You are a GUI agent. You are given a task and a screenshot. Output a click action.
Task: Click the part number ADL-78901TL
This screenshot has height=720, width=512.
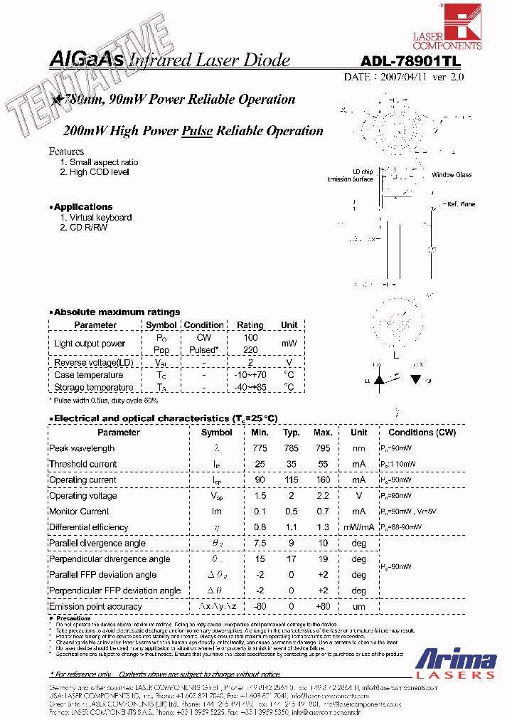pyautogui.click(x=411, y=61)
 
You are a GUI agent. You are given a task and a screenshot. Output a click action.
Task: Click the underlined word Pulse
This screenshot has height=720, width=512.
pyautogui.click(x=198, y=131)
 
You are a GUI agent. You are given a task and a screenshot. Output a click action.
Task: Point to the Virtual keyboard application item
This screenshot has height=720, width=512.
pyautogui.click(x=100, y=218)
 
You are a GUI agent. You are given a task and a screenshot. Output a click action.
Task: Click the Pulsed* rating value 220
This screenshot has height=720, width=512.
pyautogui.click(x=250, y=350)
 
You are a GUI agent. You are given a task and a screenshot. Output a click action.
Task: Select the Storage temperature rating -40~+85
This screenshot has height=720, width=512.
pyautogui.click(x=250, y=388)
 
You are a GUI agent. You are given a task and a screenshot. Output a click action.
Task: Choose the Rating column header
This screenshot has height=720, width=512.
pyautogui.click(x=250, y=325)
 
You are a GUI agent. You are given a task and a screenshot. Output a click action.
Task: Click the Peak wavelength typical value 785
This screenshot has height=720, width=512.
pyautogui.click(x=292, y=449)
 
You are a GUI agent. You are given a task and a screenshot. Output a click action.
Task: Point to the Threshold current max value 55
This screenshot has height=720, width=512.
pyautogui.click(x=323, y=465)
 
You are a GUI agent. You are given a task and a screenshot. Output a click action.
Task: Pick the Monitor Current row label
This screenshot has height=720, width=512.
pyautogui.click(x=79, y=512)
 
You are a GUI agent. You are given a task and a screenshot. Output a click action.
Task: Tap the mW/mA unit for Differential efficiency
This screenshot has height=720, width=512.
pyautogui.click(x=359, y=528)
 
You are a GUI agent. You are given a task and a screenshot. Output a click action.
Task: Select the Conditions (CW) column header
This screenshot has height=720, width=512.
pyautogui.click(x=422, y=433)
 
